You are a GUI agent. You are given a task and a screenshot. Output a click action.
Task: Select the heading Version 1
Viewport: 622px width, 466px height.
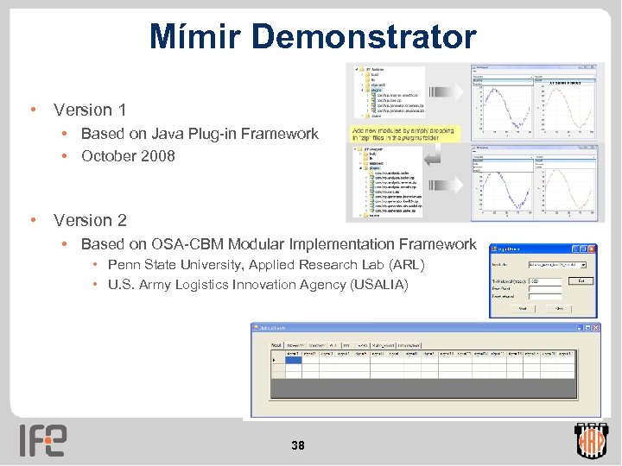pos(90,110)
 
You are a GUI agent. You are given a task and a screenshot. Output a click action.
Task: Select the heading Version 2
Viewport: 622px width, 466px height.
pos(90,220)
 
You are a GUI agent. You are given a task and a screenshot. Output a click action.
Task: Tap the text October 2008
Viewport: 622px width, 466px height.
pos(128,156)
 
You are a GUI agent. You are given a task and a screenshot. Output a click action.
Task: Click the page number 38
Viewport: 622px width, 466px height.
pos(298,445)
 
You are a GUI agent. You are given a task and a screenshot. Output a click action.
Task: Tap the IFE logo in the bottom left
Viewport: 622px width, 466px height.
pos(43,440)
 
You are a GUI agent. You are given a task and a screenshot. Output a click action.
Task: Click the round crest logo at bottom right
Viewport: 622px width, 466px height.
pos(592,440)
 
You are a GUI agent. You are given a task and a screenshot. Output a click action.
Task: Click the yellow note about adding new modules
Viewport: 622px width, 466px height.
pos(404,133)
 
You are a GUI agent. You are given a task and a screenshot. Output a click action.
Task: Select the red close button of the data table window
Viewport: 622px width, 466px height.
pos(594,328)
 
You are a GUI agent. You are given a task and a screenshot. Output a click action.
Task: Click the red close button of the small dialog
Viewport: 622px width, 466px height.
pos(592,248)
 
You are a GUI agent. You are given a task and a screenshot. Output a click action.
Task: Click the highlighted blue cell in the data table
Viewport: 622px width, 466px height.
pos(294,362)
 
